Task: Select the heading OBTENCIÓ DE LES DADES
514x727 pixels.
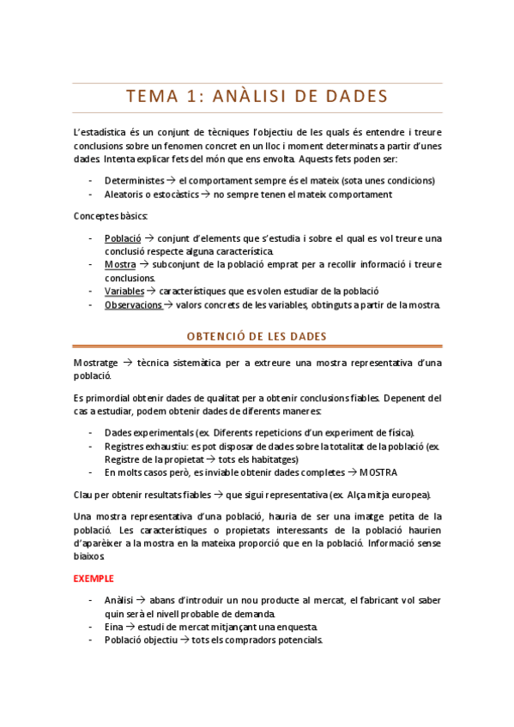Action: coord(257,336)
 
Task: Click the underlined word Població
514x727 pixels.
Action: coord(123,237)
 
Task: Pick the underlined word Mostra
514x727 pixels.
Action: coord(120,264)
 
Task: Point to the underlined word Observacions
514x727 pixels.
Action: coord(133,304)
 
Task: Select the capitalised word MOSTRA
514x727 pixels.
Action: coord(378,472)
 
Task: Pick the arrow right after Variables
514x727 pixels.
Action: coord(152,291)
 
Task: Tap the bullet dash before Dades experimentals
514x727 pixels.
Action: coord(91,432)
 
